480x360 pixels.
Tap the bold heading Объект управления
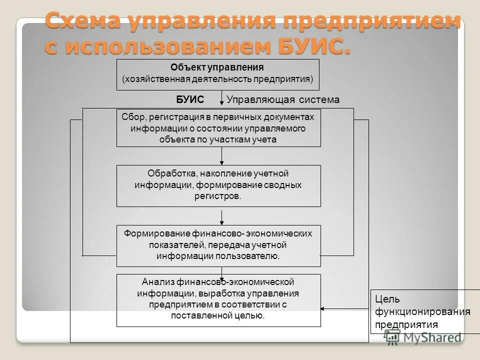[x=217, y=67]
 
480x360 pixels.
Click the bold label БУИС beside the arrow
[x=190, y=99]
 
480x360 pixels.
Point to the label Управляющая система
[x=283, y=99]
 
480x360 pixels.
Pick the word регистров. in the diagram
[x=218, y=196]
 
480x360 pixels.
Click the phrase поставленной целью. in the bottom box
[x=218, y=315]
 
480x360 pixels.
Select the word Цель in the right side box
[x=386, y=299]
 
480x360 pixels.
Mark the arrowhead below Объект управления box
[x=222, y=103]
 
